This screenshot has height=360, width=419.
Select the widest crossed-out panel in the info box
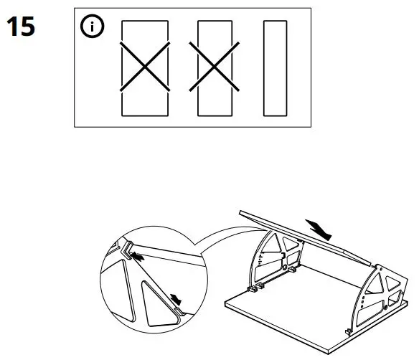coord(144,67)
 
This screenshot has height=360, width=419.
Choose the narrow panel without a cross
coord(275,67)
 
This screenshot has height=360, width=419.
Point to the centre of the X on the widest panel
coord(144,67)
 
